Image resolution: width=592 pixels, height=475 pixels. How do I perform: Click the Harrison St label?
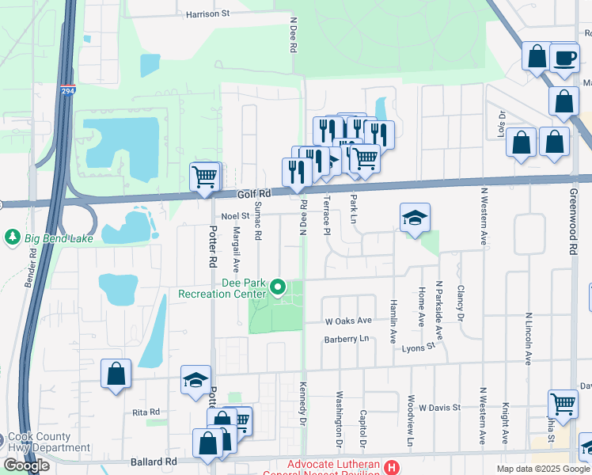point(207,13)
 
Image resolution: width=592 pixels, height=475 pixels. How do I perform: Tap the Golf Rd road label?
point(254,193)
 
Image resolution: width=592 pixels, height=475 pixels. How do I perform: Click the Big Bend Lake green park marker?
point(12,237)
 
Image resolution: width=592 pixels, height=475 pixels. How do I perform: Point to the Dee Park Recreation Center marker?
point(278,287)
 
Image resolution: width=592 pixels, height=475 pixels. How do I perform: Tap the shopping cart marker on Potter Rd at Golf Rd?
point(204,176)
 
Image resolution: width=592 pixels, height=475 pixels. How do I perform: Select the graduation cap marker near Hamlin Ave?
point(415,218)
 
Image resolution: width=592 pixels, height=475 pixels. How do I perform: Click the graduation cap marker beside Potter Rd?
point(195,379)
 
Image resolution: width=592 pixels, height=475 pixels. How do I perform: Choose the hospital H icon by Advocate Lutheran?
point(391,467)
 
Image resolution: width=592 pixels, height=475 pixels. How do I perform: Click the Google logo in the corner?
point(26,465)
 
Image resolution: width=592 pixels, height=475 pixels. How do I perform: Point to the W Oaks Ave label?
point(348,321)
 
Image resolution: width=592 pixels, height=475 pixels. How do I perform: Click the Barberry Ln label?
point(347,339)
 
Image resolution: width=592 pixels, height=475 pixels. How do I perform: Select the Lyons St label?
point(419,347)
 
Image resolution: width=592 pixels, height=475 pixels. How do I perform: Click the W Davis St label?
point(439,408)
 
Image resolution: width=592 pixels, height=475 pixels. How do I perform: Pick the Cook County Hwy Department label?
point(50,442)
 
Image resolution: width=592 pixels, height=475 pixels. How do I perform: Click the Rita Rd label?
point(146,412)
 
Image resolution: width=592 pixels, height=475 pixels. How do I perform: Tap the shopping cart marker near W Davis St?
point(563,403)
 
